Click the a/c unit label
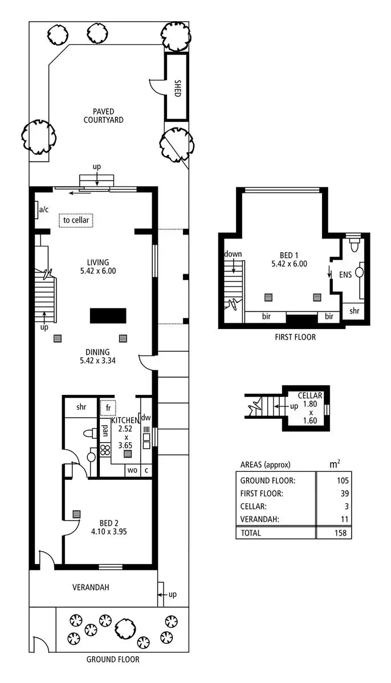(44, 210)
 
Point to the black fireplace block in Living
(108, 316)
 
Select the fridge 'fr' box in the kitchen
(108, 408)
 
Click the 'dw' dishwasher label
(145, 417)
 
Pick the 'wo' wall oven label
(132, 470)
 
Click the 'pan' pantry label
(105, 430)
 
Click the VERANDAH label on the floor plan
(91, 587)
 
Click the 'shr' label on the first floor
(354, 311)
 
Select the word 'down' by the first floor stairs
(234, 254)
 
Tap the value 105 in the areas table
(343, 480)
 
